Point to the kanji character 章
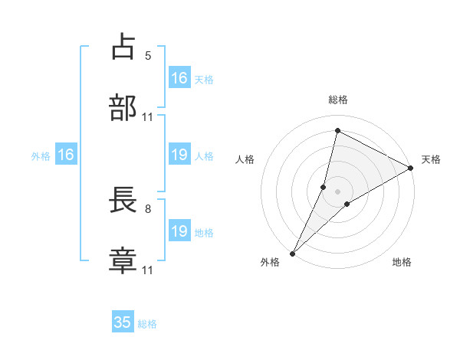point(123,260)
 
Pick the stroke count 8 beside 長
point(148,208)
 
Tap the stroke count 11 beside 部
point(148,116)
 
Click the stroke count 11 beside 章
point(148,270)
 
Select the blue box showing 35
point(123,322)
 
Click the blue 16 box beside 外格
point(66,155)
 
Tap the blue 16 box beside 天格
point(179,78)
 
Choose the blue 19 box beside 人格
point(179,155)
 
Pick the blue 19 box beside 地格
point(179,231)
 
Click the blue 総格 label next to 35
point(147,324)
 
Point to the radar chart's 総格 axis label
point(337,100)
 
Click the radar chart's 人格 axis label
point(245,159)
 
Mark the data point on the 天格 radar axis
point(411,168)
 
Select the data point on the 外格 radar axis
point(292,253)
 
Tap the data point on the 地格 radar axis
point(347,204)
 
